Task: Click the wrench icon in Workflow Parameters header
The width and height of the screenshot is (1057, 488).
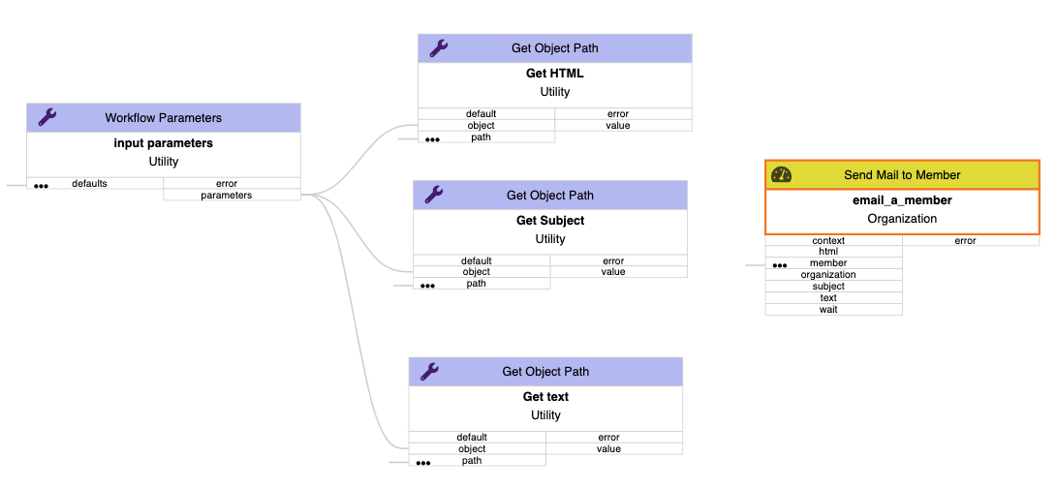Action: tap(47, 117)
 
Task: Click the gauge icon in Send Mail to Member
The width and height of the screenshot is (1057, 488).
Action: tap(781, 174)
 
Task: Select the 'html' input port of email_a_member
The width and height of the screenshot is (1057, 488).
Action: tap(833, 252)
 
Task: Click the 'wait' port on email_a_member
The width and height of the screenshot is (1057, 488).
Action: tap(833, 310)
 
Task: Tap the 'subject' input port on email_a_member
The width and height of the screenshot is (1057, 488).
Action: tap(833, 287)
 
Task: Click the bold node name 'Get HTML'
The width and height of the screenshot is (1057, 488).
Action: tap(554, 74)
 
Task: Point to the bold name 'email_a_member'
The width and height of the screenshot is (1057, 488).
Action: tap(901, 200)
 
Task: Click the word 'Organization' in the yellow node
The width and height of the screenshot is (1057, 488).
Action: tap(901, 219)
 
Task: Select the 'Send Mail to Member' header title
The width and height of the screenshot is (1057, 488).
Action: tap(901, 175)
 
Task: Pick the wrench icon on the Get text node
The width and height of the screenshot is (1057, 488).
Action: tap(429, 371)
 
